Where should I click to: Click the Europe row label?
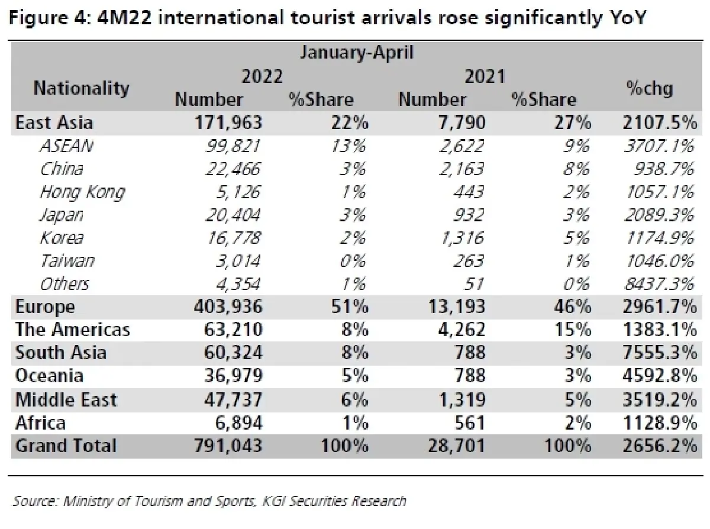45,307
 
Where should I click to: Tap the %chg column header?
650,88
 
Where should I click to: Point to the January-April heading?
357,53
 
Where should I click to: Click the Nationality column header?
81,88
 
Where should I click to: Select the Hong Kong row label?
82,192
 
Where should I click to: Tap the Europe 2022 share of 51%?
353,307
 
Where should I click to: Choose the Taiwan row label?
67,261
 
